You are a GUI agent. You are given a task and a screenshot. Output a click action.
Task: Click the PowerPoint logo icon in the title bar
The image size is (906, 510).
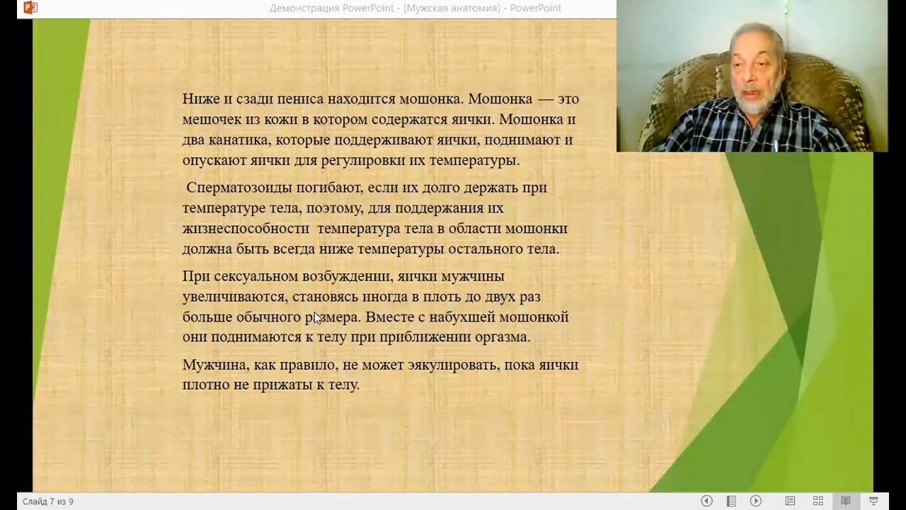[30, 7]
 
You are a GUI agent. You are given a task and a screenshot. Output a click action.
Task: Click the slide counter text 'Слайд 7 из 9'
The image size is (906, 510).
[47, 501]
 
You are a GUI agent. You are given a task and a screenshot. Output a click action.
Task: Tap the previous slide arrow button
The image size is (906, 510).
[706, 501]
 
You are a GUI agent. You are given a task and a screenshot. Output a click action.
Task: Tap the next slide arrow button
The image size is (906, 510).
[755, 501]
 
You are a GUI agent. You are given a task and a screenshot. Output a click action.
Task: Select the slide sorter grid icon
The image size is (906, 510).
[818, 501]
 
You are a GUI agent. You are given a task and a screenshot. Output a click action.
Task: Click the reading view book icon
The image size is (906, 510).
[845, 501]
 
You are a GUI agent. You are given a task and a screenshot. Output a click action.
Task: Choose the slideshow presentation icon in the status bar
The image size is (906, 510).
[873, 501]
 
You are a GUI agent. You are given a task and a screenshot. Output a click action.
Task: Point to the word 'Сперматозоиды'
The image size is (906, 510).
[239, 188]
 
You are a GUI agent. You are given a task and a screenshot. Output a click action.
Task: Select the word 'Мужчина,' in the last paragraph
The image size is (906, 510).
[216, 365]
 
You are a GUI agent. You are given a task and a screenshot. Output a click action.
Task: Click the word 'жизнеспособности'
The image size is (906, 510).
[246, 229]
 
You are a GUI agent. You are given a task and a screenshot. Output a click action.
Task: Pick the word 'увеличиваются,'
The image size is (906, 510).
[235, 297]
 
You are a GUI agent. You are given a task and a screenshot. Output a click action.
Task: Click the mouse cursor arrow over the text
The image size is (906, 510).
[318, 318]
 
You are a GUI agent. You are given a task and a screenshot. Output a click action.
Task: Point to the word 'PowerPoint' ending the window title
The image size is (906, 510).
[536, 8]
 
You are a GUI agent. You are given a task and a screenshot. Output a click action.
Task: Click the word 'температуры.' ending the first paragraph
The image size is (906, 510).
[474, 161]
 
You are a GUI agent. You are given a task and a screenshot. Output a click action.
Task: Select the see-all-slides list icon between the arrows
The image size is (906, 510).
[731, 501]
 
